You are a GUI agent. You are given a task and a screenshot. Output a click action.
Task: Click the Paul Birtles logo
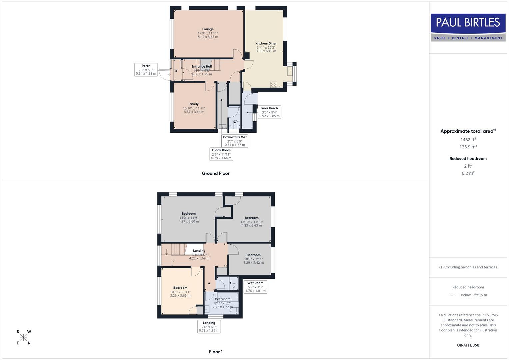(468, 27)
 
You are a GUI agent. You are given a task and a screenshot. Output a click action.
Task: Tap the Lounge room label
(208, 33)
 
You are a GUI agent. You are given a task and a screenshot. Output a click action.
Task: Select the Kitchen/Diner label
(266, 47)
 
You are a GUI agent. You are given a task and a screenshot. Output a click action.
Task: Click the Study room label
(194, 108)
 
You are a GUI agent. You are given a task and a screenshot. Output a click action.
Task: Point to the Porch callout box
(146, 70)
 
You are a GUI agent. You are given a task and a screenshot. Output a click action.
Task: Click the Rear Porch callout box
(269, 112)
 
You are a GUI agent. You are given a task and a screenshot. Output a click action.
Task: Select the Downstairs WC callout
(235, 141)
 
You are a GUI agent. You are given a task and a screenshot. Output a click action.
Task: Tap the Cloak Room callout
(221, 154)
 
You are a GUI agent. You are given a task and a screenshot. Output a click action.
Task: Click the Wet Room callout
(255, 287)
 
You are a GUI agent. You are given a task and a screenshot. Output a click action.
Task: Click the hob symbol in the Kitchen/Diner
(274, 85)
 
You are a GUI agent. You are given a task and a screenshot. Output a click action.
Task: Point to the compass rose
(24, 337)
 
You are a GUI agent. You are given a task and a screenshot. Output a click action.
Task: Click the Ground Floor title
(216, 173)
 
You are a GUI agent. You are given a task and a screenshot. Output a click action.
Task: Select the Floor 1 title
(216, 352)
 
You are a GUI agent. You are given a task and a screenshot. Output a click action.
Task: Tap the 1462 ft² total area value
(468, 140)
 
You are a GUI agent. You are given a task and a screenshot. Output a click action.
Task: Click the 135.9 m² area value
(468, 147)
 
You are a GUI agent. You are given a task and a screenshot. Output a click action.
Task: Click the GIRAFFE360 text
(468, 345)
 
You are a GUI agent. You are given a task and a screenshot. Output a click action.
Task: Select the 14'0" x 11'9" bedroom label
(189, 218)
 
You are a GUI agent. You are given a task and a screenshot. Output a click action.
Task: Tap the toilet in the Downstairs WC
(236, 124)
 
